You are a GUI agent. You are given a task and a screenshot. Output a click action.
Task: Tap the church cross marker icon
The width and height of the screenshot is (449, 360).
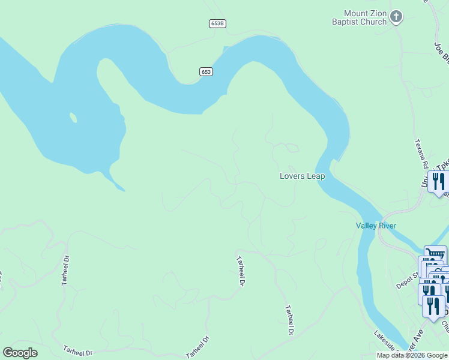[396, 17]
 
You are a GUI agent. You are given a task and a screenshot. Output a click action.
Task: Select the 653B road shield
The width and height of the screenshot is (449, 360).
[218, 23]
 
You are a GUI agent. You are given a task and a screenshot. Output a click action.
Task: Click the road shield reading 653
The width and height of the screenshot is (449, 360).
[206, 71]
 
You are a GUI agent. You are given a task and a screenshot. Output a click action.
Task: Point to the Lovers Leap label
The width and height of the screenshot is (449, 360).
[302, 176]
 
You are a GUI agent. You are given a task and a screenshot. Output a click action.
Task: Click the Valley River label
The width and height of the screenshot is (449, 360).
[376, 226]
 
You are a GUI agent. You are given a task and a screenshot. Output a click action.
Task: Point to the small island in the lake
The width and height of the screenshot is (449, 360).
[73, 117]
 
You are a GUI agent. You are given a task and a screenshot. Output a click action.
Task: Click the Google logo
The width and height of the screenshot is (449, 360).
[20, 353]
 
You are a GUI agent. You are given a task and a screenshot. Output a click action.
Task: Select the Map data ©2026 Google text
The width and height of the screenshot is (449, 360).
[412, 355]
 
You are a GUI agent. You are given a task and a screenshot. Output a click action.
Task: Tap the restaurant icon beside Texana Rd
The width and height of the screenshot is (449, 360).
[438, 181]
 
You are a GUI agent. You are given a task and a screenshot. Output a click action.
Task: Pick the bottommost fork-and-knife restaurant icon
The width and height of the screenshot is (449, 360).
[433, 305]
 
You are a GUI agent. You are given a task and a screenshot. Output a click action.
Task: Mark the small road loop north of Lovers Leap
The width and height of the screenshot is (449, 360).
[291, 148]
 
